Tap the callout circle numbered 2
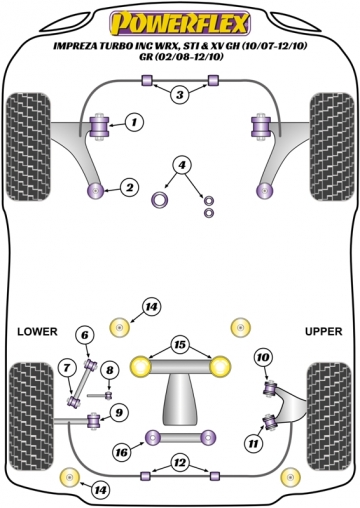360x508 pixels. coord(129,186)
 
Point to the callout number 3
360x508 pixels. coord(179,95)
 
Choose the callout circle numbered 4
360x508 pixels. coord(182,165)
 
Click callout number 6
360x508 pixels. coord(85,334)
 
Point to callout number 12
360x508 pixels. coord(180,461)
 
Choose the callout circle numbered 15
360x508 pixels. coord(180,345)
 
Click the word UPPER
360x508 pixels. coord(322,331)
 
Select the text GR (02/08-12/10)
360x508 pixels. coord(180,58)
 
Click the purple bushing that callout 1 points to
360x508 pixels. coord(100,125)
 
